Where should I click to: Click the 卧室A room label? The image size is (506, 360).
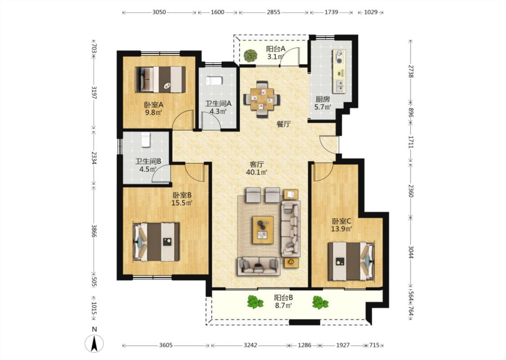tap(154, 104)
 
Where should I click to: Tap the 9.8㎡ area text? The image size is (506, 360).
tap(153, 112)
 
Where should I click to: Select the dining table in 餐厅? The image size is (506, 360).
tap(262, 99)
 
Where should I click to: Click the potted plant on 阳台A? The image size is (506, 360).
tap(251, 55)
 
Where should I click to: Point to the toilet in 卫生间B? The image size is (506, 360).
tap(146, 139)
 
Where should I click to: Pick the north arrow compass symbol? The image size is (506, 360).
tap(94, 343)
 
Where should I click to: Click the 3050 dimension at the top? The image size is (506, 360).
tap(159, 12)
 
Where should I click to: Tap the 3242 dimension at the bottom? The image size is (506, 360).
tap(251, 345)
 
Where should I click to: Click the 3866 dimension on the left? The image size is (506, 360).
tap(94, 231)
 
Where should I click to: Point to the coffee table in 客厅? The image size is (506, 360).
tap(263, 229)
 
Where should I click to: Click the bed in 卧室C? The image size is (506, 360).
tap(351, 261)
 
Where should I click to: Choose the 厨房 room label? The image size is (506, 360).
tap(322, 99)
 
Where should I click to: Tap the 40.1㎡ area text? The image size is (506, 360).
tap(256, 172)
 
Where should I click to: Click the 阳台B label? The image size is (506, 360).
tap(284, 297)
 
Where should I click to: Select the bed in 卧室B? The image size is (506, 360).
tap(157, 242)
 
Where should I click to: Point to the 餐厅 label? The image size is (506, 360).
tap(284, 124)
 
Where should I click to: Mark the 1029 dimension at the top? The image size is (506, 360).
tap(371, 12)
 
